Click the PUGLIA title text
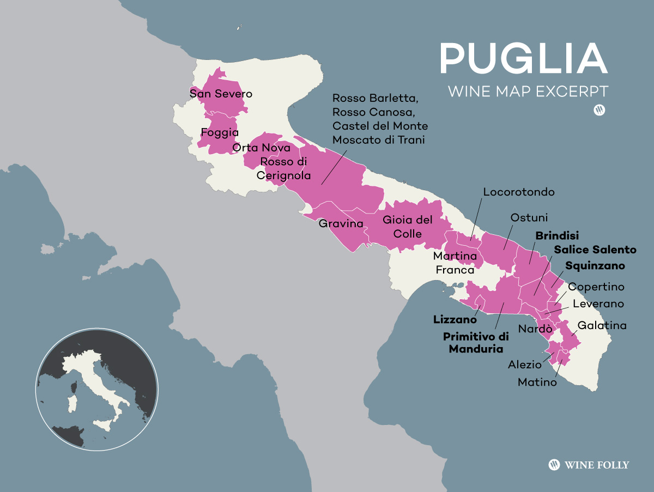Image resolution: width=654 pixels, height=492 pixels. pos(523,58)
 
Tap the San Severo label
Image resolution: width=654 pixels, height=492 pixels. pos(221,94)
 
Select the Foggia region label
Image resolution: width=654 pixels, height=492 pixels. pos(220,132)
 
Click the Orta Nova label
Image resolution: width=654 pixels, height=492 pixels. pos(257,148)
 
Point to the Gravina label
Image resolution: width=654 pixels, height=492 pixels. pos(341,223)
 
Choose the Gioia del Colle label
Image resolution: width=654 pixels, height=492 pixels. pos(408,227)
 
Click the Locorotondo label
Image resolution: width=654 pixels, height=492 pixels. pos(518,192)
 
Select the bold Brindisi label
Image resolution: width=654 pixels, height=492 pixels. pos(557,236)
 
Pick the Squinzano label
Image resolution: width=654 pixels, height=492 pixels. pos(595,266)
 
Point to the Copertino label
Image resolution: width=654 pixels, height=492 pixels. pos(596,287)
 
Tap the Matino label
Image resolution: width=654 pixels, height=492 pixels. pos(537,382)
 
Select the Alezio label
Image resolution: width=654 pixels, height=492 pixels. pos(525,365)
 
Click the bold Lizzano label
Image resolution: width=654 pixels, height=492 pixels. pos(455,320)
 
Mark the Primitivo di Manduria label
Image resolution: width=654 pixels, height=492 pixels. pos(473,343)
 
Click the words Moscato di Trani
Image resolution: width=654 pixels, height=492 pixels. pos(379,140)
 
